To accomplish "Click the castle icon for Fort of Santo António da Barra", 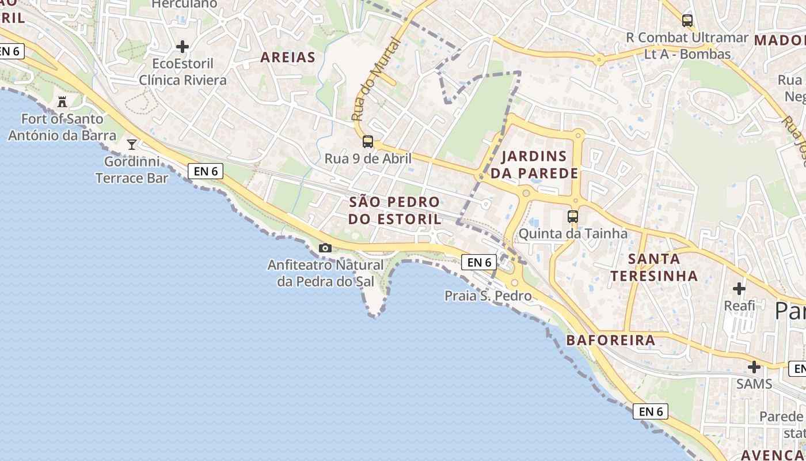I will pos(62,102).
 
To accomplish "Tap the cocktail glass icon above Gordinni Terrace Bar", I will pos(132,144).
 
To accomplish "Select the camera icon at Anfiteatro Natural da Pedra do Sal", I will pos(325,248).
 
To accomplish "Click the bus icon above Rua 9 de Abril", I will pos(367,141).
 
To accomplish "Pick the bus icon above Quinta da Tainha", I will pos(572,217).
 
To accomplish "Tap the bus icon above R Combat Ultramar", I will pos(687,21).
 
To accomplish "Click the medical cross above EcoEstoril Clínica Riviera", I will pos(183,46).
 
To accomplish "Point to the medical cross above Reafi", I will pos(739,288).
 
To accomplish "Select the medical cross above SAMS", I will pos(754,366).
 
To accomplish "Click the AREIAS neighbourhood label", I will pos(288,57).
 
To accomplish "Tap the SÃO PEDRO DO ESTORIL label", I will pos(394,210).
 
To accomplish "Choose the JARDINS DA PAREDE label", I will pos(534,164).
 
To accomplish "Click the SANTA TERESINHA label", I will pos(654,267).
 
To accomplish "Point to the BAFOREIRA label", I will pos(611,340).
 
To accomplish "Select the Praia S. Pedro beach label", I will pos(488,296).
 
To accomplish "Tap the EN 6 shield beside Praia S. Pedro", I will pos(478,262).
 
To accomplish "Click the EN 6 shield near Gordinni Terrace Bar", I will pos(206,171).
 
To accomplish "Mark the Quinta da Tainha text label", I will pos(573,233).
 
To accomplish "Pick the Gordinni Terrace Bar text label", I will pos(132,169).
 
